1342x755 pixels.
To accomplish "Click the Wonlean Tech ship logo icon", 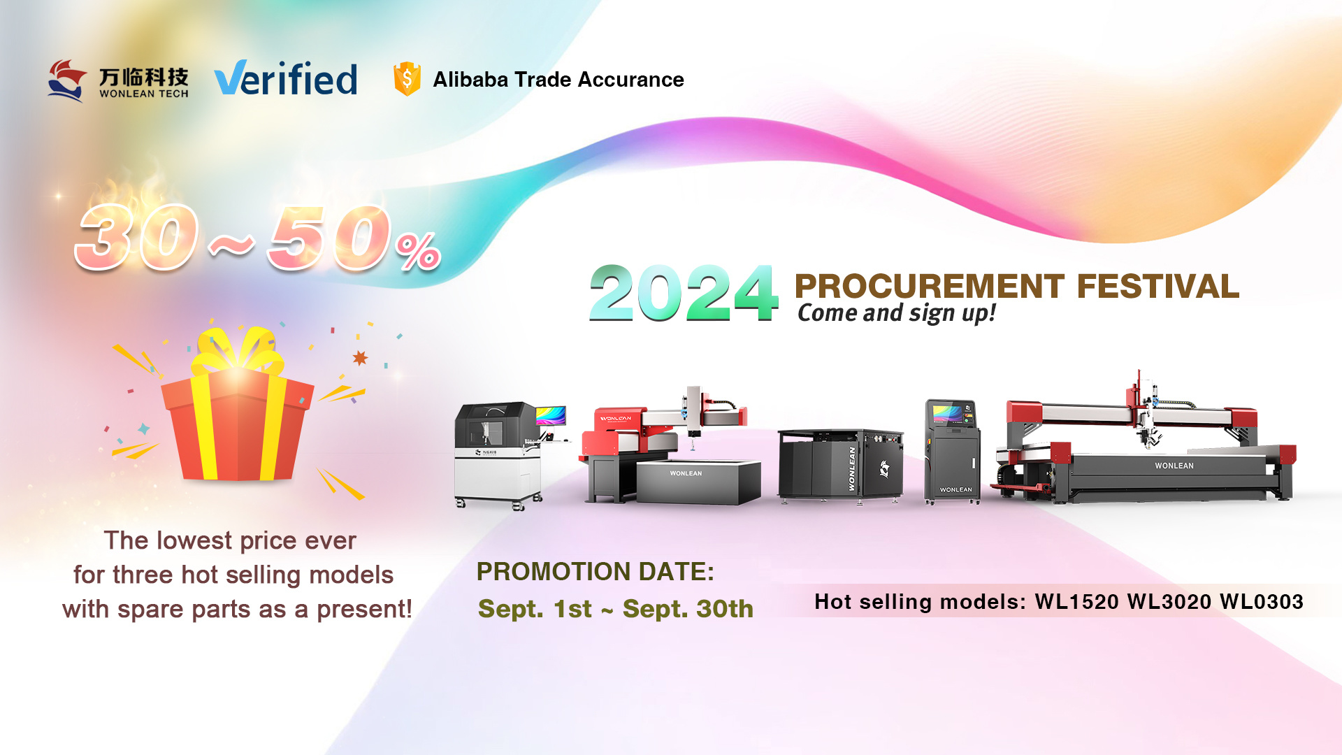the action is pos(67,80).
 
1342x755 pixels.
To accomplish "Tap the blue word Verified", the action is pos(286,78).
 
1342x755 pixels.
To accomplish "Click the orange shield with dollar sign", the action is pos(407,78).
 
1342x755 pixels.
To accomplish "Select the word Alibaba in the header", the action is pos(470,80).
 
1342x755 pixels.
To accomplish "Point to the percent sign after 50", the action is pos(418,251).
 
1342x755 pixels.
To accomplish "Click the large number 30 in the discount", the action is pos(138,238).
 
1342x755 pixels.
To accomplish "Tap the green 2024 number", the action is pos(683,293).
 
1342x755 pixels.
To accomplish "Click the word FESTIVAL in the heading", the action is pos(1157,287).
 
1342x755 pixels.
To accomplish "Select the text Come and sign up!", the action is pos(897,313).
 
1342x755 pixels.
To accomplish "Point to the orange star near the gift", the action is pos(360,358).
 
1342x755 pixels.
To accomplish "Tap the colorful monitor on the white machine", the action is pos(551,415).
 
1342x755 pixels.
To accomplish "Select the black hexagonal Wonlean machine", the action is pos(840,465).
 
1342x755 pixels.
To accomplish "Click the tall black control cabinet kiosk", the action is pos(952,451).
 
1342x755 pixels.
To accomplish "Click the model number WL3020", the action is pos(1169,602).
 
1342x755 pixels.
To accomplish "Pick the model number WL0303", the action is pos(1262,602).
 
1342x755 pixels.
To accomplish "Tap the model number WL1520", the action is pos(1077,602).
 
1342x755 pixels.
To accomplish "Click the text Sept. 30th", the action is pos(688,609).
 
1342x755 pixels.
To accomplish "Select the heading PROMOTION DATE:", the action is pos(596,572).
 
